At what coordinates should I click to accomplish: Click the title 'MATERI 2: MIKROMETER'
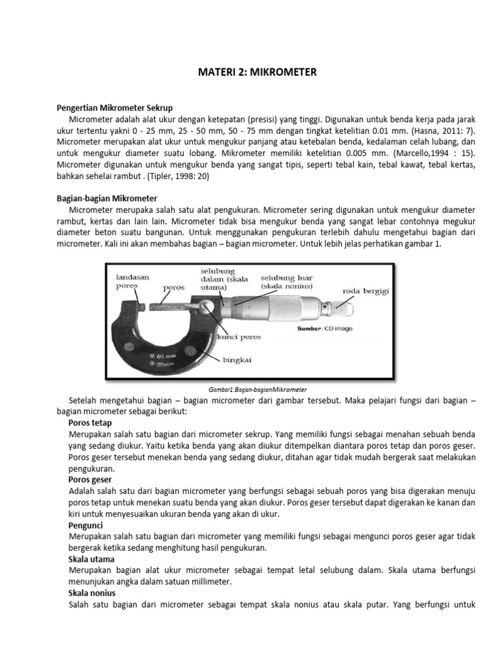click(x=257, y=73)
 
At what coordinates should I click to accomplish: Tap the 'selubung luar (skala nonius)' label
click(x=287, y=282)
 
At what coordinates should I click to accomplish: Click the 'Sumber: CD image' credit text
click(x=325, y=329)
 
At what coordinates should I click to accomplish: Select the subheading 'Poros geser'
click(x=92, y=480)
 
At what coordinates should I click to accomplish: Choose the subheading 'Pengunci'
click(x=86, y=525)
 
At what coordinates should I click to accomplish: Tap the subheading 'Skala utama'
click(x=92, y=560)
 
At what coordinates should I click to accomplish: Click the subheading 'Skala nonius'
click(x=92, y=593)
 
